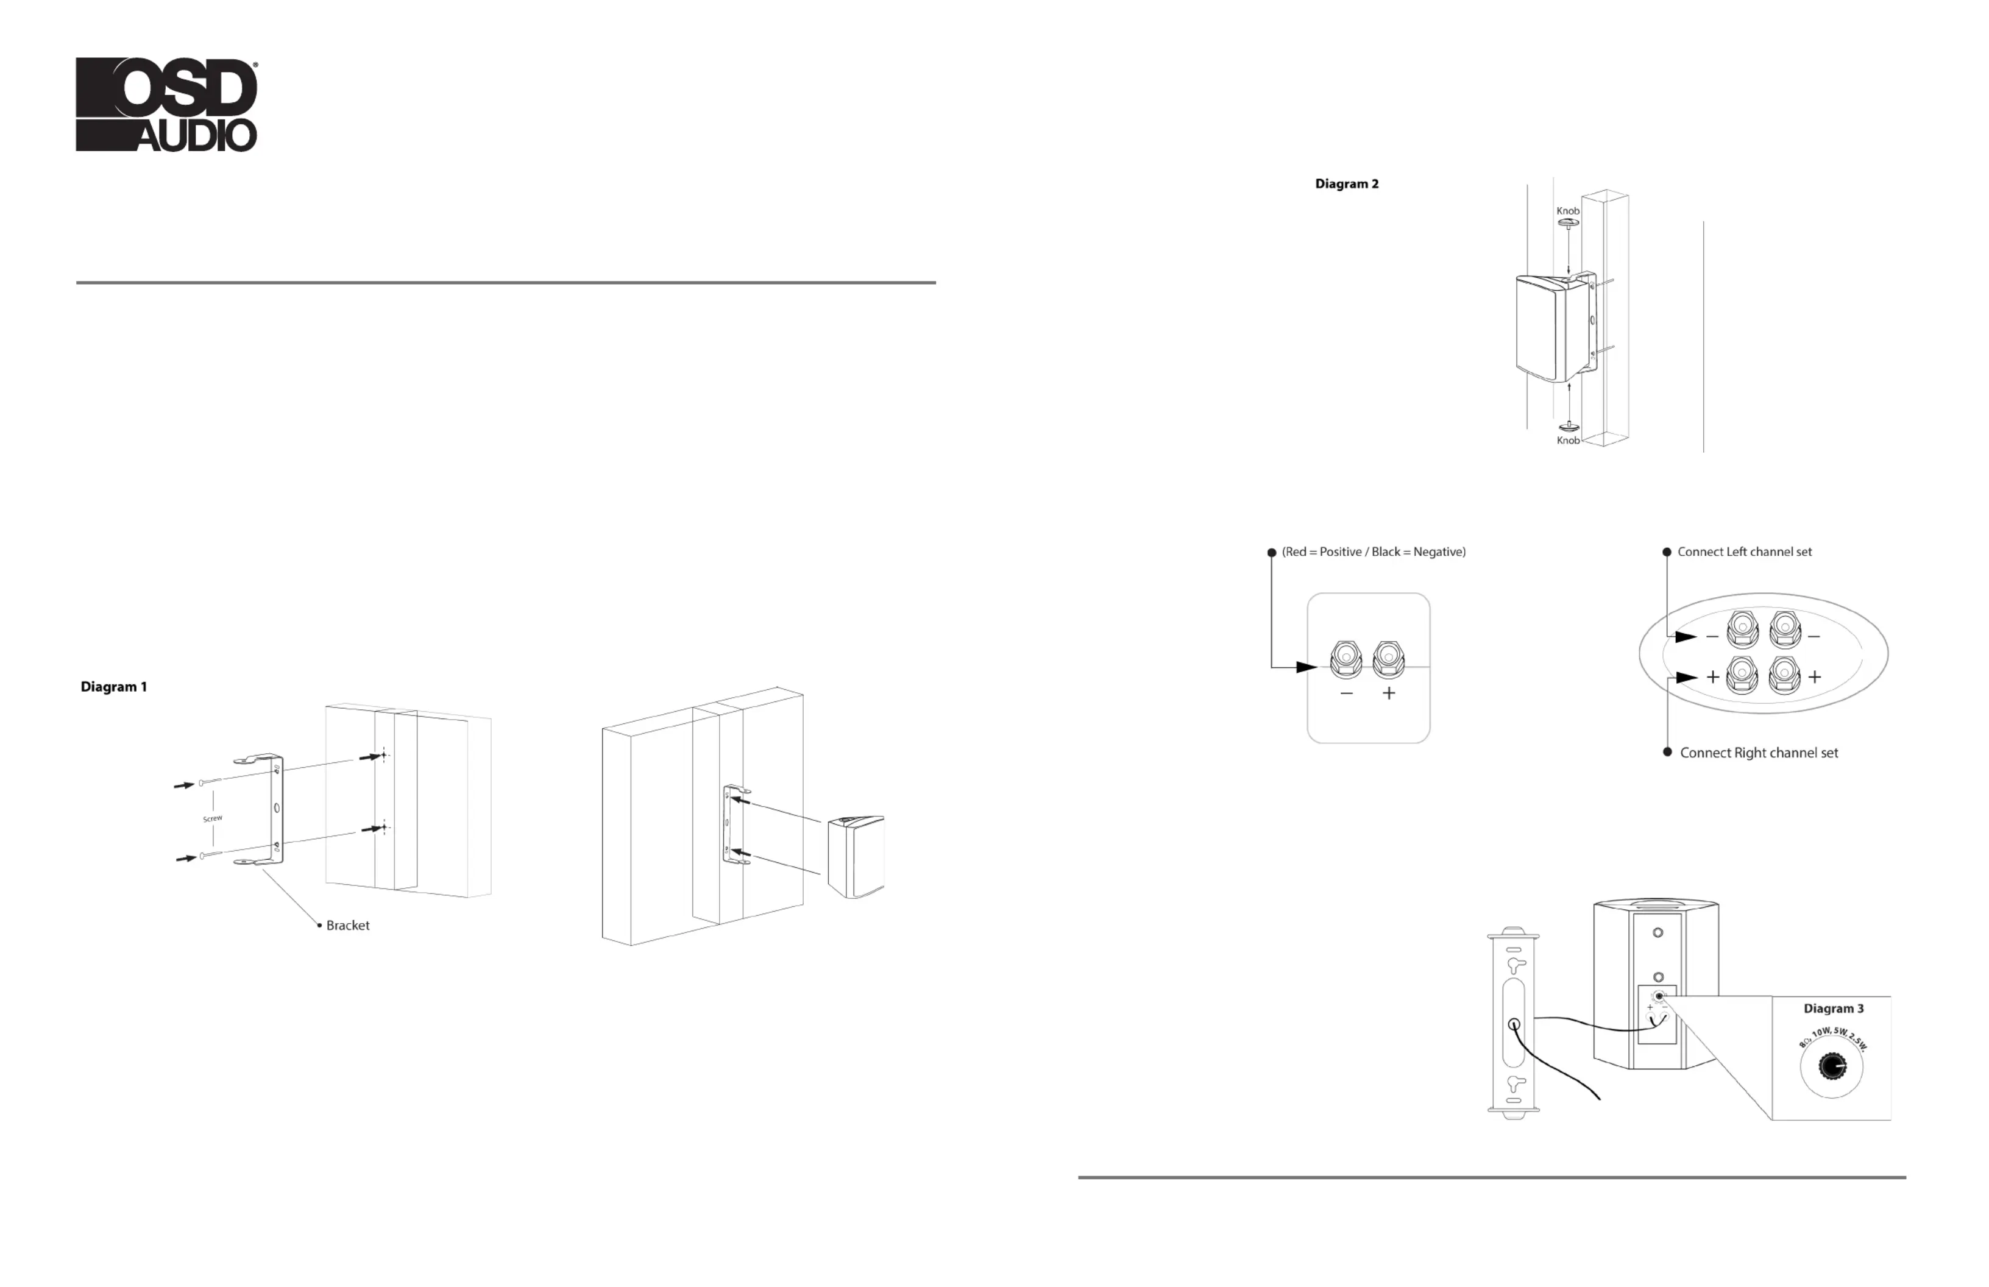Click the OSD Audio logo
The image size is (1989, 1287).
click(166, 104)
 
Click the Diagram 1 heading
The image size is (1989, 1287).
click(114, 687)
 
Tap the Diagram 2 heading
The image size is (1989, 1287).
click(1346, 184)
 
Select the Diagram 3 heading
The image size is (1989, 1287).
click(1833, 1009)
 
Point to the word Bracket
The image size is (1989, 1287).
click(348, 925)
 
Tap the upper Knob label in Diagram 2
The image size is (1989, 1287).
click(1568, 211)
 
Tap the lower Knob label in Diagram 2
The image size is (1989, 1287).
click(1568, 441)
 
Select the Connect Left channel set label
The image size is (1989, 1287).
click(1744, 551)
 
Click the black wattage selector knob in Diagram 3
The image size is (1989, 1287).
click(1832, 1066)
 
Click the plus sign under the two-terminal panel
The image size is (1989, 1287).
click(1389, 693)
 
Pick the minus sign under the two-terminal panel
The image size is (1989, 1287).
click(1346, 693)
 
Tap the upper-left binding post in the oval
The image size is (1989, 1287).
click(1742, 628)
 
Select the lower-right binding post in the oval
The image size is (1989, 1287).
click(1784, 675)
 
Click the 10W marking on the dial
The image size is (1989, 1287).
click(1822, 1033)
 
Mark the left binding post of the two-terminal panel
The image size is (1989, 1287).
click(1345, 659)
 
